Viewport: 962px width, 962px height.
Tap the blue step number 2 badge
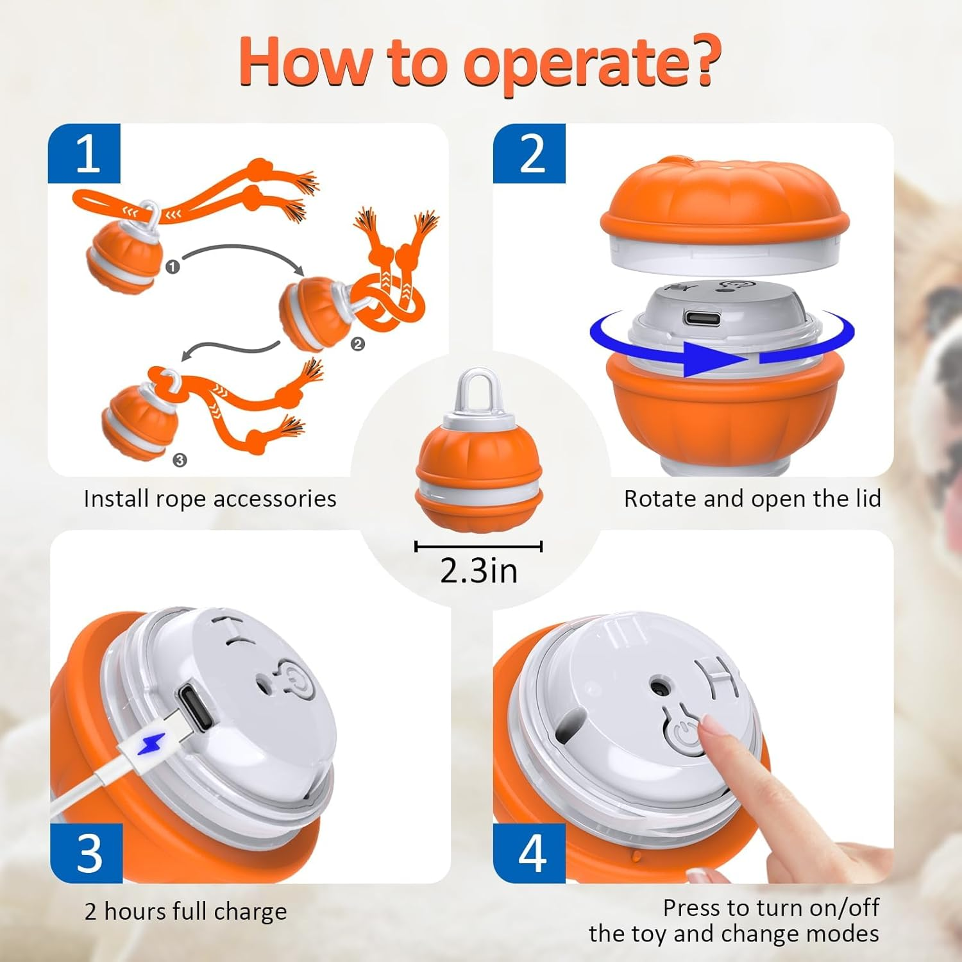click(529, 154)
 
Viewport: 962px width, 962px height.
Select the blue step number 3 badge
click(87, 853)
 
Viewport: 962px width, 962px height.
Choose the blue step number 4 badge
click(530, 853)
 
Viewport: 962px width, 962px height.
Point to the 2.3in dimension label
click(478, 570)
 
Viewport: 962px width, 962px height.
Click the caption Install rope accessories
click(210, 499)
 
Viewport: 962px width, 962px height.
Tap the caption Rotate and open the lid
click(752, 499)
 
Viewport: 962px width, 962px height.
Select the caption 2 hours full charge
click(186, 911)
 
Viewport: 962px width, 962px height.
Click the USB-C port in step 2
click(702, 317)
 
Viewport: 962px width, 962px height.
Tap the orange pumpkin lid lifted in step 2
click(725, 199)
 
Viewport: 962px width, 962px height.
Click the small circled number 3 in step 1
click(180, 460)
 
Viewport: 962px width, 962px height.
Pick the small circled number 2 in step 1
click(357, 344)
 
